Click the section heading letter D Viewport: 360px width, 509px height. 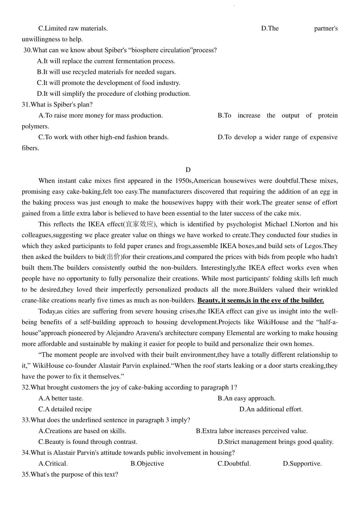(188, 170)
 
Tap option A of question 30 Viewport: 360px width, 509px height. (106, 61)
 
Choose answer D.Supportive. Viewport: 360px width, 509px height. (302, 464)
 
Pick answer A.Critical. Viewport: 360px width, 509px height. (53, 464)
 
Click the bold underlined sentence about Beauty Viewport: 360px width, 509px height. (261, 301)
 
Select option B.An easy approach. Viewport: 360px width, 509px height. (246, 399)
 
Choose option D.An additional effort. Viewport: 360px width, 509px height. (271, 409)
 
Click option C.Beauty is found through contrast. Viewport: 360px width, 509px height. (88, 442)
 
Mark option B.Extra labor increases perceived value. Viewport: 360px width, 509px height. (252, 431)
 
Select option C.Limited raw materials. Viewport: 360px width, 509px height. (73, 28)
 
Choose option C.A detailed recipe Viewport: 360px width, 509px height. (65, 409)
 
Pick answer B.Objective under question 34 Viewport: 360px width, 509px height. (147, 464)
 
